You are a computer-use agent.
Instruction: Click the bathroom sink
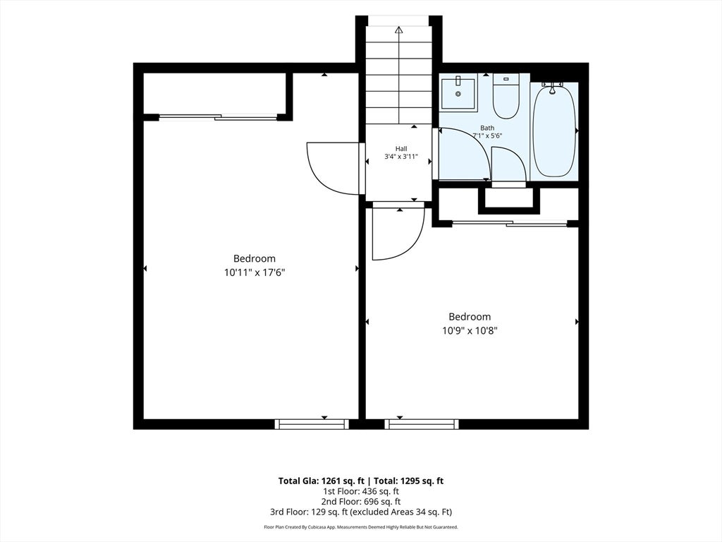458,95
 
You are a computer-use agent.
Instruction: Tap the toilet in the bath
506,96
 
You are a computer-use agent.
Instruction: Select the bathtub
554,130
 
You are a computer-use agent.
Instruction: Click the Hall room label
401,149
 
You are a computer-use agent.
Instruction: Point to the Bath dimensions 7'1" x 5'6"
487,135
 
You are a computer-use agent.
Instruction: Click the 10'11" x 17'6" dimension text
255,272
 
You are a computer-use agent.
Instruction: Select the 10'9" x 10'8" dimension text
470,330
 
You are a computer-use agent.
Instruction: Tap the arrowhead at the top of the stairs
399,30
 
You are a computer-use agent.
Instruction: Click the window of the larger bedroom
312,424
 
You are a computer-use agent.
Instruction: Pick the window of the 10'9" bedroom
422,424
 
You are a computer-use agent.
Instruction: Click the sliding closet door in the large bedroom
219,117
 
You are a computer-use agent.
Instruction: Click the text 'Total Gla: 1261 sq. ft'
321,481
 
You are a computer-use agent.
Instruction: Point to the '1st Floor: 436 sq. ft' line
361,491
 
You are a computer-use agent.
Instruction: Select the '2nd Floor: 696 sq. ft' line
361,502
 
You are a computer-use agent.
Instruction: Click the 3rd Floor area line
361,512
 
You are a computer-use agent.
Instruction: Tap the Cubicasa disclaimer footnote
361,526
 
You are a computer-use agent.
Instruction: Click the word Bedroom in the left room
254,258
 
